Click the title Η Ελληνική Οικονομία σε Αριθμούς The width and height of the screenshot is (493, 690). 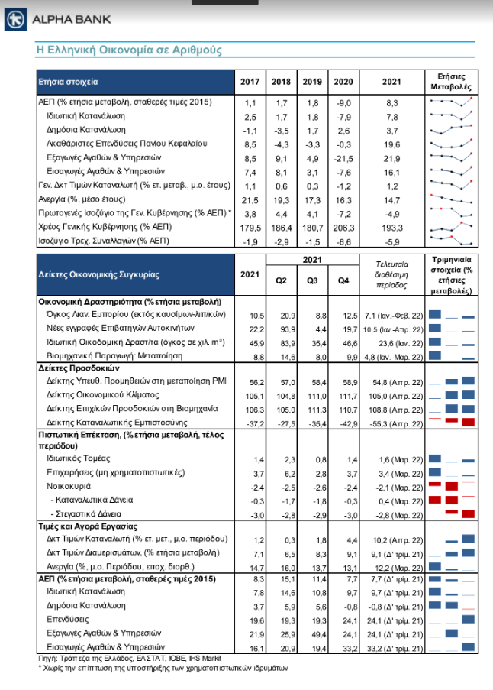[130, 50]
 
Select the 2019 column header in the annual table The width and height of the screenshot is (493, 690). [311, 82]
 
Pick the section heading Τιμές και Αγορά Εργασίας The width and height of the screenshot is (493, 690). [88, 526]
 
